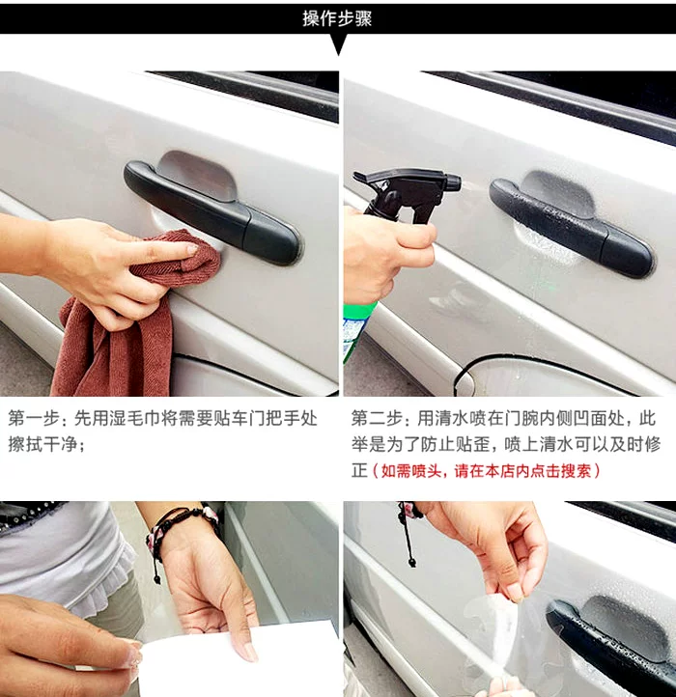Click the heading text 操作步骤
coord(337,18)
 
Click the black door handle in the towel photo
coord(211,212)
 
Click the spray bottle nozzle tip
coord(455,182)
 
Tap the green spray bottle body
coord(357,329)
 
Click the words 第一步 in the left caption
coord(34,419)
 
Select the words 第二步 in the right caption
coord(377,419)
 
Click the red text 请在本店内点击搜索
coord(522,470)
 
